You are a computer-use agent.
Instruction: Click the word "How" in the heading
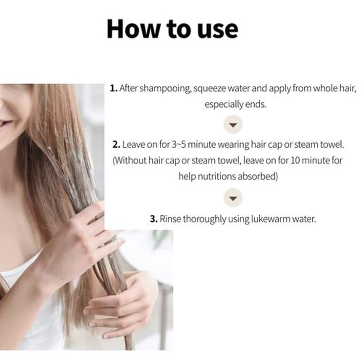(x=133, y=29)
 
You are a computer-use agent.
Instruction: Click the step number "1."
(x=114, y=88)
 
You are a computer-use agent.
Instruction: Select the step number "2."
(x=116, y=144)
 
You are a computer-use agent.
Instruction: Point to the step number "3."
(x=153, y=219)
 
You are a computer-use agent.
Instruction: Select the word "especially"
(x=224, y=105)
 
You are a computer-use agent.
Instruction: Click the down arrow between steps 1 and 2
(x=233, y=125)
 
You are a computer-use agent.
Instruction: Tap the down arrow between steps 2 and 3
(x=233, y=198)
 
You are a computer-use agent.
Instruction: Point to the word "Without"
(x=130, y=160)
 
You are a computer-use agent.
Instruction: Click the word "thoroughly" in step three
(x=205, y=219)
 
